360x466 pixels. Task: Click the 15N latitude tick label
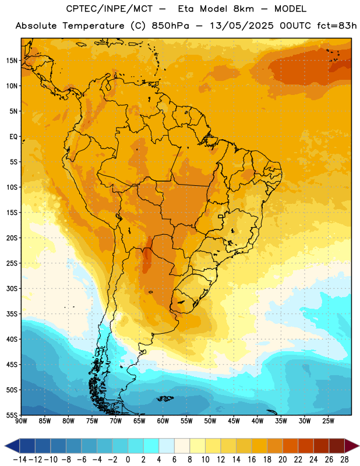pyautogui.click(x=12, y=61)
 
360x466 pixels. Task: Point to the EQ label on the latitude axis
pyautogui.click(x=13, y=137)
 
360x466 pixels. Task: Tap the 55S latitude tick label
pyautogui.click(x=12, y=415)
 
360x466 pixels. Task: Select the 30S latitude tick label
pyautogui.click(x=12, y=288)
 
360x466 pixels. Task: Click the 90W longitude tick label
pyautogui.click(x=22, y=421)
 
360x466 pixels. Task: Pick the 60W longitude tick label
pyautogui.click(x=163, y=421)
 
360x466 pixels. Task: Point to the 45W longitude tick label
pyautogui.click(x=234, y=421)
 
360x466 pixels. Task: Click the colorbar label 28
pyautogui.click(x=344, y=460)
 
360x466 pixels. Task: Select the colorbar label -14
pyautogui.click(x=20, y=460)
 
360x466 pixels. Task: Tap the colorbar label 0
pyautogui.click(x=128, y=460)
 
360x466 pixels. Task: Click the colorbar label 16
pyautogui.click(x=252, y=460)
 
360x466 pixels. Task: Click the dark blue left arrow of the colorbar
pyautogui.click(x=12, y=446)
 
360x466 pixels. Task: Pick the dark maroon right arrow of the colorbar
pyautogui.click(x=352, y=446)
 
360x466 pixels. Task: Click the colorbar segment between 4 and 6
pyautogui.click(x=167, y=446)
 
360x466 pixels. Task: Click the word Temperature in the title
pyautogui.click(x=93, y=26)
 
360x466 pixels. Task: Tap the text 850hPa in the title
pyautogui.click(x=170, y=26)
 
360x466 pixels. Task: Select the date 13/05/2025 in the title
pyautogui.click(x=241, y=26)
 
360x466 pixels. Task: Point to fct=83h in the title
pyautogui.click(x=337, y=26)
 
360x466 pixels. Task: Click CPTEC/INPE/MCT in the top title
pyautogui.click(x=109, y=9)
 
